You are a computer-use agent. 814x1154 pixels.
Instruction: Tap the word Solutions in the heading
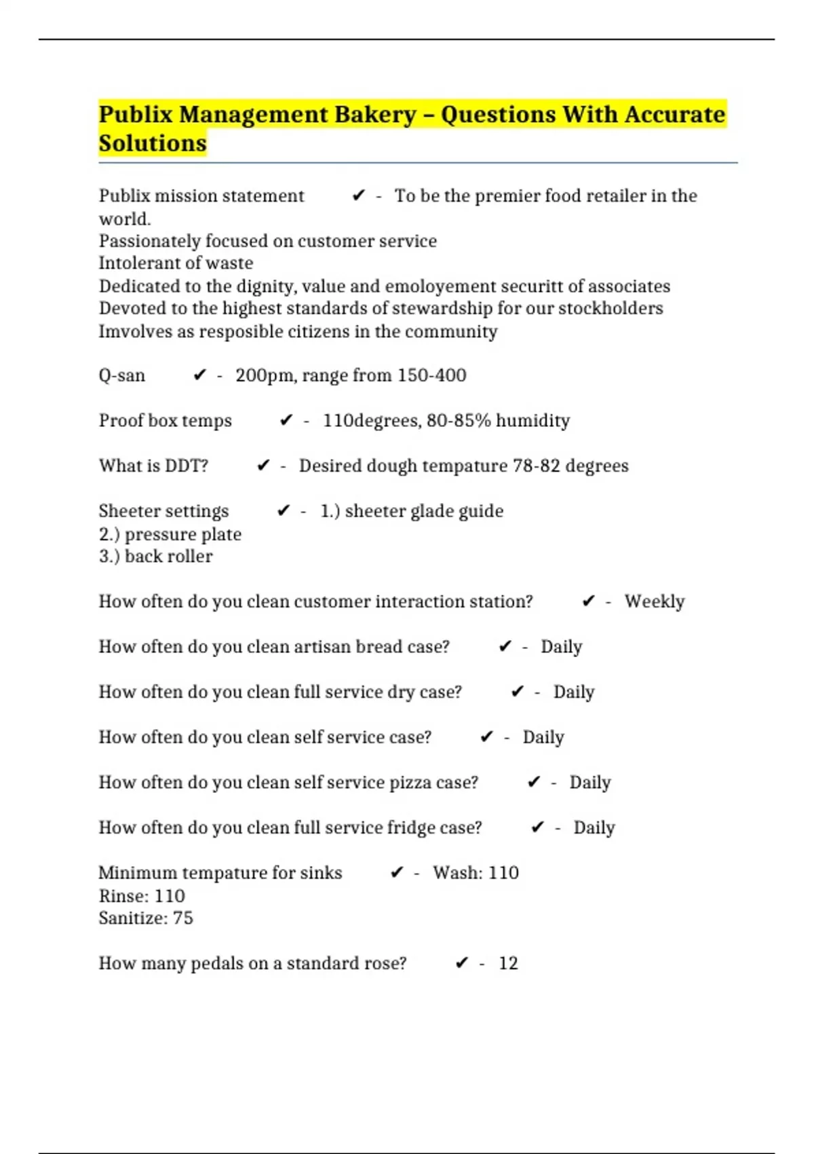[153, 144]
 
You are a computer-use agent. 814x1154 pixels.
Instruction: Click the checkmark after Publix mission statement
[359, 196]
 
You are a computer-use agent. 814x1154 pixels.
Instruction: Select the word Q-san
[122, 375]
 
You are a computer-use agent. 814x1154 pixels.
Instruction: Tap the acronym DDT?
[187, 466]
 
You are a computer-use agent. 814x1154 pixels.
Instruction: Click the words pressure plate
[183, 534]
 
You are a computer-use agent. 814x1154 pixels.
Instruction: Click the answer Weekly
[655, 601]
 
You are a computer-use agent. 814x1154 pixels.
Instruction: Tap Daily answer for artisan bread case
[561, 647]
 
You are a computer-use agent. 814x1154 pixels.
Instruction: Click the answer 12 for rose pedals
[508, 963]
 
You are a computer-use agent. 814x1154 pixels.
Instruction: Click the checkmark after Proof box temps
[286, 421]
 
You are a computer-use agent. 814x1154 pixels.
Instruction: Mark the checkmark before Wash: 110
[397, 873]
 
